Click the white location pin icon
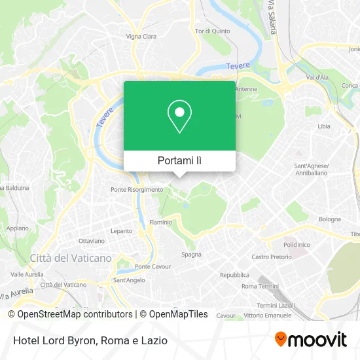pos(179,117)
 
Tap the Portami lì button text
pos(179,160)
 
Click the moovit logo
pos(311,339)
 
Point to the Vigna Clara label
pos(141,37)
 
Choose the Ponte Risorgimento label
pos(137,189)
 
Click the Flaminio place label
pos(161,222)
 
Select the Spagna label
pos(191,254)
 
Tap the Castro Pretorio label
pos(271,257)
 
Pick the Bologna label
pos(330,219)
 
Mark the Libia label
pos(324,126)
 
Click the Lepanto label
pos(121,231)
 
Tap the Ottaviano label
pos(92,241)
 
